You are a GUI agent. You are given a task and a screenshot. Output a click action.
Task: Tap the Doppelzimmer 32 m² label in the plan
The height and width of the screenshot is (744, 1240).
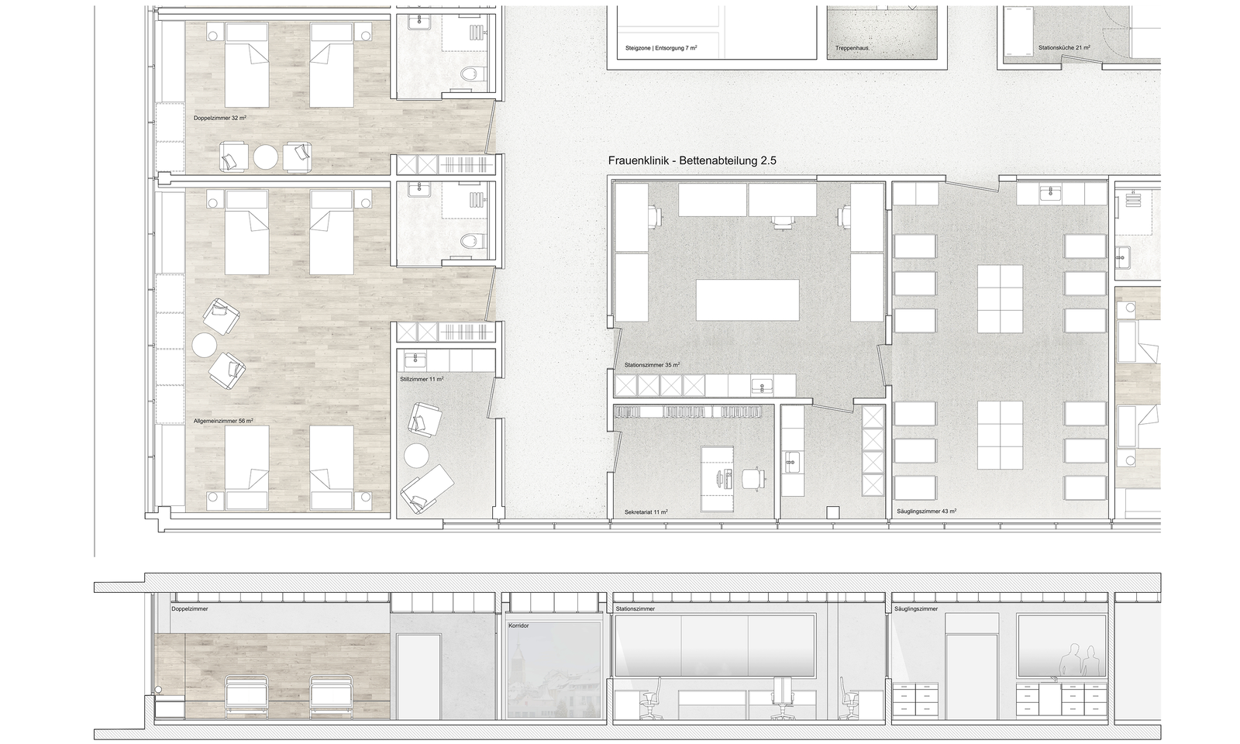pos(220,118)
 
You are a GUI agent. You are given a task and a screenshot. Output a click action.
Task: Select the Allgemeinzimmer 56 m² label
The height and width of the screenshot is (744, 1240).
pos(223,421)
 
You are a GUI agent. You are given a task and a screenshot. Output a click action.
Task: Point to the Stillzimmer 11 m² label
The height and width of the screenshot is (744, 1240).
pos(422,379)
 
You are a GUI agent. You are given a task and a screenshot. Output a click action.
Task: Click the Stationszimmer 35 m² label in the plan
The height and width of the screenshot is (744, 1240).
pos(652,365)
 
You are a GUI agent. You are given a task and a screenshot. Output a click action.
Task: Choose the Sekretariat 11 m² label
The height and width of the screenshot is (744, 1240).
pos(646,512)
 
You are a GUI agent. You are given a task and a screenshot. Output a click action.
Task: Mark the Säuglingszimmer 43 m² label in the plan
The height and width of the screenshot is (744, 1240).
pos(927,511)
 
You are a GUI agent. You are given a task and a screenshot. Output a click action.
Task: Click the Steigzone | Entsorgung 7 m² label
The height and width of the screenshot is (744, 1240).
pos(661,48)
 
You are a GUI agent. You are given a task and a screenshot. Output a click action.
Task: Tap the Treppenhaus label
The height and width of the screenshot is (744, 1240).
pos(852,48)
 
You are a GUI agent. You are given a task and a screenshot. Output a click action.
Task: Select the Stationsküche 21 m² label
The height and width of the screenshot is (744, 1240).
pos(1064,47)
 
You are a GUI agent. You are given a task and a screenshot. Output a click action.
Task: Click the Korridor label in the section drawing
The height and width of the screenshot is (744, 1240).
pos(518,625)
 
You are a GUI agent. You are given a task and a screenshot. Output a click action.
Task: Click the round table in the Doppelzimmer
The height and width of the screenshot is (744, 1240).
pos(266,157)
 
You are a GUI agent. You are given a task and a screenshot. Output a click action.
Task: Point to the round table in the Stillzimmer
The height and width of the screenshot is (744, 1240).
pos(416,456)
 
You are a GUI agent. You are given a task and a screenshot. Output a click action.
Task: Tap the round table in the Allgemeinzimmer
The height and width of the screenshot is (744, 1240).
pos(205,345)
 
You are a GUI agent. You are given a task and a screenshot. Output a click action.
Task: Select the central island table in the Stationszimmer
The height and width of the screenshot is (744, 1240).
pos(747,300)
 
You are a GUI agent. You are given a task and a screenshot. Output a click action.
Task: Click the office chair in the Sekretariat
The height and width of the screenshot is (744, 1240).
pos(753,477)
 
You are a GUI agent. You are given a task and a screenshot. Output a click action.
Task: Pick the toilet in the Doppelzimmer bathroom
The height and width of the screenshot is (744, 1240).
pos(474,73)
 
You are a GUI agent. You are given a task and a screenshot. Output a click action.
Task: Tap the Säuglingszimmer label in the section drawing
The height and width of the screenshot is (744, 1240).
pos(916,609)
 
